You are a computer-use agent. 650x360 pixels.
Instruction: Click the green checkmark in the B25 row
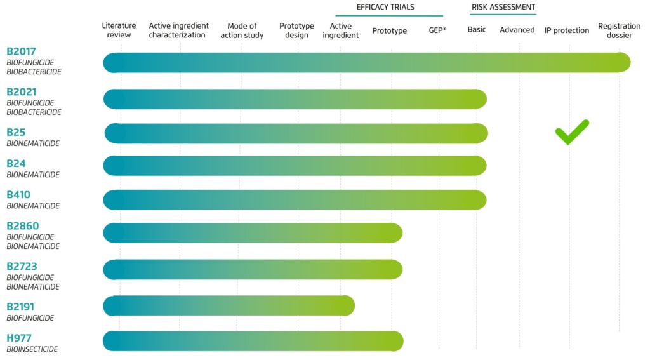[x=572, y=131]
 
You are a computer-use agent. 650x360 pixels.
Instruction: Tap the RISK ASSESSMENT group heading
[x=503, y=8]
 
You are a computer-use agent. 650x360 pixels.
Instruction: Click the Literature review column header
[x=119, y=30]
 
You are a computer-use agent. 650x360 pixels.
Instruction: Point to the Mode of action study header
[x=241, y=30]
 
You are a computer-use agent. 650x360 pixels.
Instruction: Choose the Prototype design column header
[x=296, y=30]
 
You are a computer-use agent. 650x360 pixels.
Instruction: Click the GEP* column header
[x=437, y=30]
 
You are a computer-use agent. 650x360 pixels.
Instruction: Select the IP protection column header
[x=567, y=30]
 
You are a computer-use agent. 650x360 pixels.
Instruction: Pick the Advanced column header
[x=517, y=30]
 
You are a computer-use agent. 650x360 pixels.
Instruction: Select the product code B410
[x=18, y=195]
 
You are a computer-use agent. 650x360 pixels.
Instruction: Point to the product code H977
[x=19, y=338]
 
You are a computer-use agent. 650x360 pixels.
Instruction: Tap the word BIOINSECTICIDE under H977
[x=32, y=349]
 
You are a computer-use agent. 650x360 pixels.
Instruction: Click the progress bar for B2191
[x=229, y=306]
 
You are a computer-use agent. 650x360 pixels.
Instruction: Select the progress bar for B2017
[x=366, y=63]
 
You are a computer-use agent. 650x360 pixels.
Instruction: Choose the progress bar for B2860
[x=253, y=232]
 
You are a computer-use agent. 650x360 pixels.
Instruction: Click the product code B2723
[x=22, y=267]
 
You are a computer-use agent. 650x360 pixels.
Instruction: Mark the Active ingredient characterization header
[x=178, y=30]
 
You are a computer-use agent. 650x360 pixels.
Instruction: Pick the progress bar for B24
[x=295, y=166]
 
